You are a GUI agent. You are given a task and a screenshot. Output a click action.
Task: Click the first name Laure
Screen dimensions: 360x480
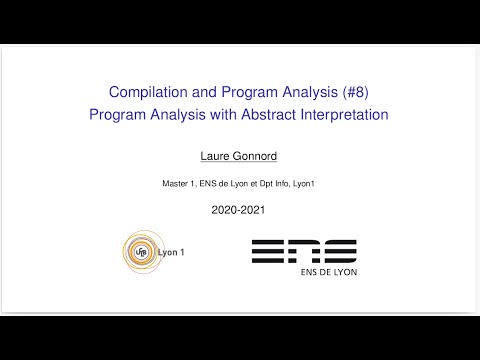[217, 156]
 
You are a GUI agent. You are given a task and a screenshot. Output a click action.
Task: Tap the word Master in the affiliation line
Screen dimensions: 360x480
[176, 183]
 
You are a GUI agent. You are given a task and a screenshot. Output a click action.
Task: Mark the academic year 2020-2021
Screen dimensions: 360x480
[238, 211]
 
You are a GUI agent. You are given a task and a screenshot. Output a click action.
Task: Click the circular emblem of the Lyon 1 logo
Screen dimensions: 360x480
[139, 250]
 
